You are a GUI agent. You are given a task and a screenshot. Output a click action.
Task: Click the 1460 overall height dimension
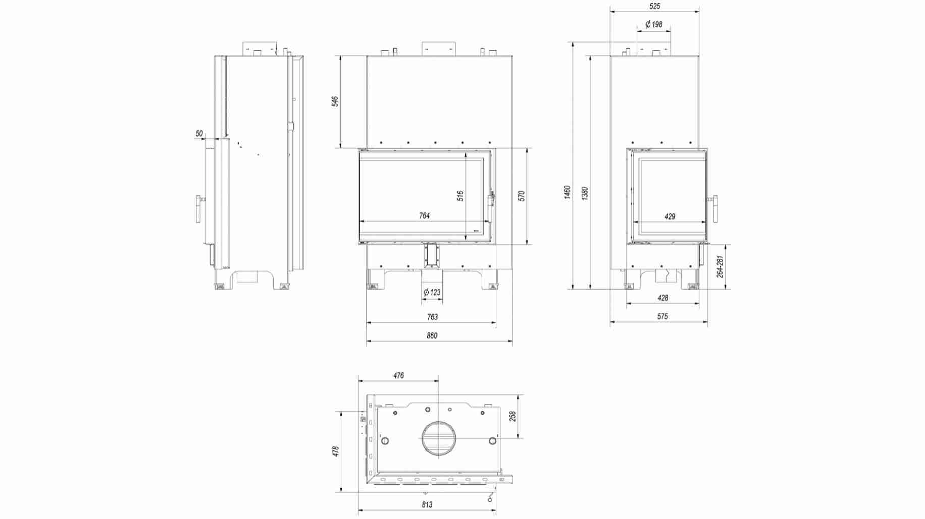pos(567,192)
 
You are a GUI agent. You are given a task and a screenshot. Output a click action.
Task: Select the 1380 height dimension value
pos(585,193)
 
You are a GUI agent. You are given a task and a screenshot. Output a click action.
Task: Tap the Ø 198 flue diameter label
pos(654,24)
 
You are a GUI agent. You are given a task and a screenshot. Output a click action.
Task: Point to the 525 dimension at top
pos(654,7)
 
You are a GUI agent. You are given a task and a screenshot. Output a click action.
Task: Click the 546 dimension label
pos(335,101)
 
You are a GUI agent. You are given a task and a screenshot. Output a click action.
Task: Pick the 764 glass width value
pos(424,216)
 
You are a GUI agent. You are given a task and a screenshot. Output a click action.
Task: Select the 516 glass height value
pos(460,196)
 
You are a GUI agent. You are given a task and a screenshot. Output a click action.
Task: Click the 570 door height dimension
pos(522,196)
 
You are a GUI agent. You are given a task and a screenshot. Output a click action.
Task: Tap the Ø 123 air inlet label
pos(432,292)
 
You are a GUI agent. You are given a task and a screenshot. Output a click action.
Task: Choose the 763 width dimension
pos(432,317)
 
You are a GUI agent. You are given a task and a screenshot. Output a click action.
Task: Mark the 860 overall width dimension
pos(432,335)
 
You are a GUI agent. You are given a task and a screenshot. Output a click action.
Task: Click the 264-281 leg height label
pos(720,266)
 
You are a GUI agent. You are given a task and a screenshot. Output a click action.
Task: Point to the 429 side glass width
pos(670,217)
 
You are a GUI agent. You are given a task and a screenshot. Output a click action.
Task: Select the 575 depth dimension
pos(662,317)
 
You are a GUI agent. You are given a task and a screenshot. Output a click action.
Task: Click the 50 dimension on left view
pos(199,134)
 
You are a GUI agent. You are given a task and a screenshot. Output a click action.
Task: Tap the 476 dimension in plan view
pos(398,375)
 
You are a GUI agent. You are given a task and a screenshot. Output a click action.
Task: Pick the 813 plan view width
pos(427,504)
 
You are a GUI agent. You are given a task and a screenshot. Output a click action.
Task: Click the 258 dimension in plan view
pos(513,416)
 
